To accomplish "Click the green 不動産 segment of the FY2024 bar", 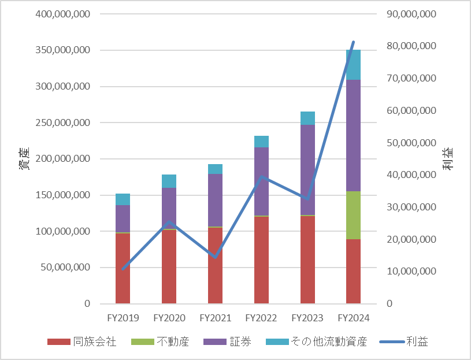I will (353, 215).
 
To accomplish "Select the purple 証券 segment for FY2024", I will (353, 135).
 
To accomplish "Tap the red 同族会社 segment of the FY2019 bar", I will (123, 268).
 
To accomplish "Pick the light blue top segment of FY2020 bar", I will (169, 181).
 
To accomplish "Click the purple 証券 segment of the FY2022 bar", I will (261, 181).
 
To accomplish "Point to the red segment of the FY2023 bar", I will (307, 259).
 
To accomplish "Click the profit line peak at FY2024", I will (353, 42).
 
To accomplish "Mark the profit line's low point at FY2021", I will (215, 257).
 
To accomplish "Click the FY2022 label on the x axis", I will (261, 318).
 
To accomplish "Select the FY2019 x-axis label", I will (123, 318).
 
